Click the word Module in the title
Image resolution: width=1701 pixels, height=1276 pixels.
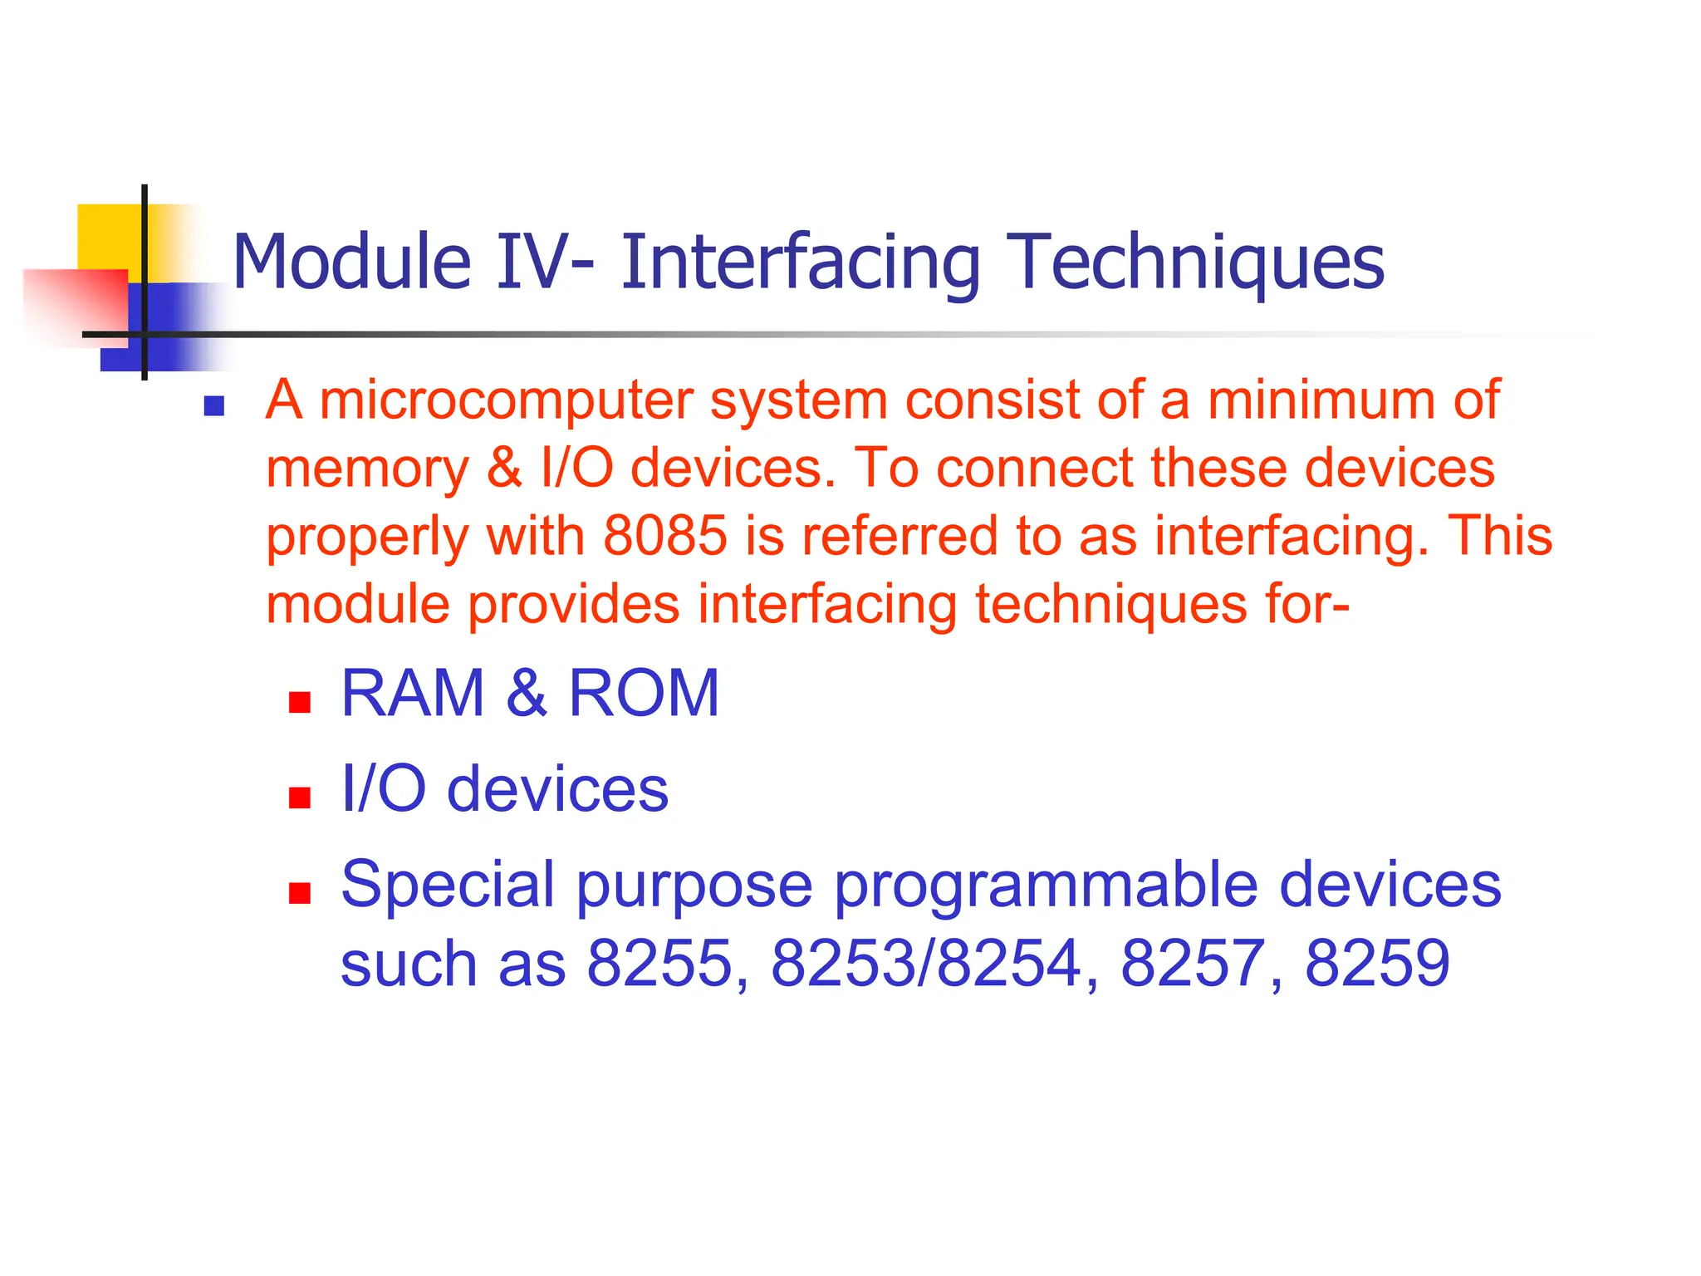tap(351, 263)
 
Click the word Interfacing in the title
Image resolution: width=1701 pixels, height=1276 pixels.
tap(800, 263)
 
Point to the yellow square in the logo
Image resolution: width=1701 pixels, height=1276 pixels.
tap(108, 236)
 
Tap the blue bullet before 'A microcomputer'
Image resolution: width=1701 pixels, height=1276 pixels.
tap(214, 406)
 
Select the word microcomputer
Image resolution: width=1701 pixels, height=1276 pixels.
tap(506, 400)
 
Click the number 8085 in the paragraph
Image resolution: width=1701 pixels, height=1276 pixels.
tap(665, 535)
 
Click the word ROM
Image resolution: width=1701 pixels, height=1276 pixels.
tap(643, 694)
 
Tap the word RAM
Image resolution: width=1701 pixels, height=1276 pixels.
tap(413, 694)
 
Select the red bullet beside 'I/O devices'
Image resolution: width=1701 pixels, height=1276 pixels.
tap(299, 798)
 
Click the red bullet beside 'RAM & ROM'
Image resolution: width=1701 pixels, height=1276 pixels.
tap(299, 703)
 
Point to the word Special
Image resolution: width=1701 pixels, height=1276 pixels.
tap(448, 886)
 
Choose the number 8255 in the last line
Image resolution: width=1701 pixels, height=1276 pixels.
tap(660, 964)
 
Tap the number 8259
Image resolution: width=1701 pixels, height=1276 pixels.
tap(1377, 964)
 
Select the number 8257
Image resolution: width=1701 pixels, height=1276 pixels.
tap(1193, 964)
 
